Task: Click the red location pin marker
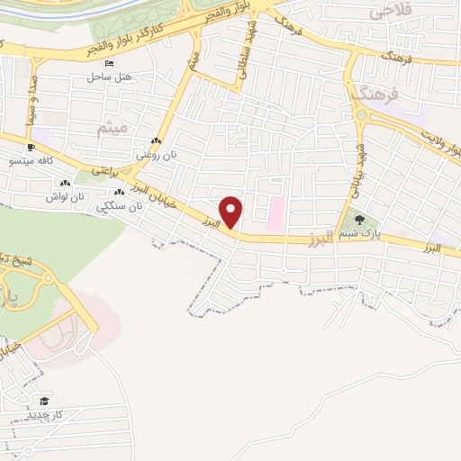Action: click(x=231, y=211)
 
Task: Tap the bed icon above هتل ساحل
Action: click(x=109, y=65)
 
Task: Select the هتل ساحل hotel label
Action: click(x=109, y=77)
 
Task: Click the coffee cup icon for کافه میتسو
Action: click(x=31, y=147)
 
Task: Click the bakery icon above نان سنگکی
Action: click(x=119, y=194)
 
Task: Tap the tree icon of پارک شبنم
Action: click(x=360, y=219)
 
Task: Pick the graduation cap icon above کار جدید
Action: click(x=44, y=401)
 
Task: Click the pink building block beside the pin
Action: click(x=276, y=214)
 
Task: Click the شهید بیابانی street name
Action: click(x=357, y=162)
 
